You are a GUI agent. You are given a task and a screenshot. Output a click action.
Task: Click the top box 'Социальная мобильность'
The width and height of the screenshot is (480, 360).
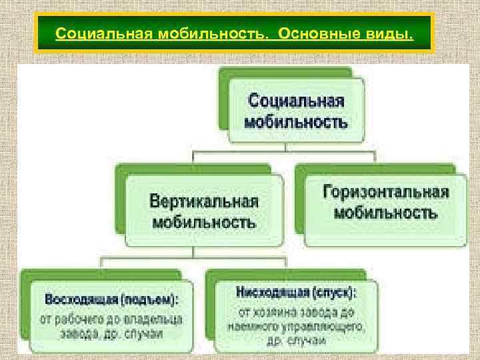click(x=296, y=111)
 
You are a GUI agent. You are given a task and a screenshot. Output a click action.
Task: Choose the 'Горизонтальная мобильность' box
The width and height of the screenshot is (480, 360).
click(x=385, y=203)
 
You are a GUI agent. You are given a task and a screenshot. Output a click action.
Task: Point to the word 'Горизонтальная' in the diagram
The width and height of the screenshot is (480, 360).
click(x=385, y=193)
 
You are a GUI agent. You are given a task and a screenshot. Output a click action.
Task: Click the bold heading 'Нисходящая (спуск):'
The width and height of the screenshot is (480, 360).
click(x=296, y=293)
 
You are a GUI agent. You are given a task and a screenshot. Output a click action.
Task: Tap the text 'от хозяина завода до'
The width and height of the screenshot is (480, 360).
click(x=296, y=311)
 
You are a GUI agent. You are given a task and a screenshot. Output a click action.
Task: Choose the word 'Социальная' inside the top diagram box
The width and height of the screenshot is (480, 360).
click(x=296, y=101)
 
